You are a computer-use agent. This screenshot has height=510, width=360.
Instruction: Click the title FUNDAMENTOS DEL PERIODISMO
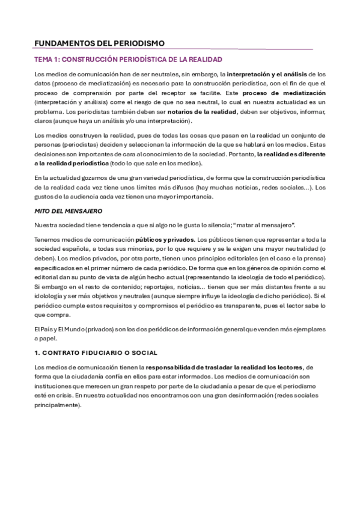click(x=99, y=43)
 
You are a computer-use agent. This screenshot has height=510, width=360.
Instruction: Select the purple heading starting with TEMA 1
click(x=128, y=60)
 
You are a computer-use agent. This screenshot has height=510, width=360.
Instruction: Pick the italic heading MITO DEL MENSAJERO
click(x=69, y=211)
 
